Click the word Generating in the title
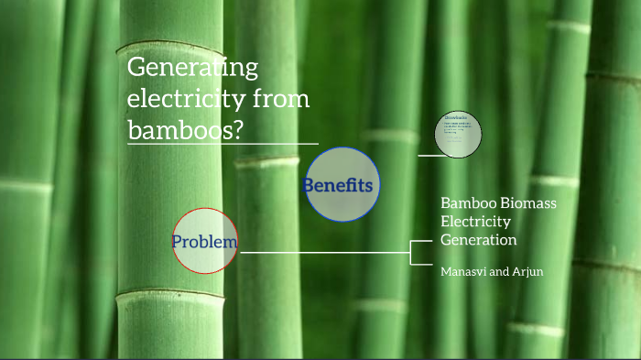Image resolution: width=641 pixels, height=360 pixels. [192, 68]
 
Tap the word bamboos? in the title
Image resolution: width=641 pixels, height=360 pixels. [186, 130]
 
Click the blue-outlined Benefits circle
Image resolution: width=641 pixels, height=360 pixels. [342, 184]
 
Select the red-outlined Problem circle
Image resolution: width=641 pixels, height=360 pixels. [205, 242]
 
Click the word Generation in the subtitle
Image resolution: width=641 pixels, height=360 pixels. [479, 240]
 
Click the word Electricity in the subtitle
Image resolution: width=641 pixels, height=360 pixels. [475, 221]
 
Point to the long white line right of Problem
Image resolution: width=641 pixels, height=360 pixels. [320, 252]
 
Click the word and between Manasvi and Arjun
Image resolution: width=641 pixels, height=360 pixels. [498, 272]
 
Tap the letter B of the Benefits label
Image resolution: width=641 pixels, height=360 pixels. [309, 185]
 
